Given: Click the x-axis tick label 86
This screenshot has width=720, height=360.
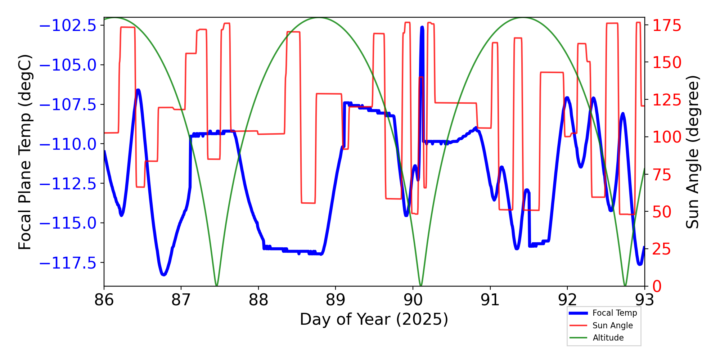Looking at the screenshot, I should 104,300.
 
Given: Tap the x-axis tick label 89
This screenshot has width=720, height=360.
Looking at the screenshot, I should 336,300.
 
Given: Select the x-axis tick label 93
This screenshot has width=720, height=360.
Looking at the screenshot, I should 644,300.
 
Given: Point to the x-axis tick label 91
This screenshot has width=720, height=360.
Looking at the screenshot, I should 490,300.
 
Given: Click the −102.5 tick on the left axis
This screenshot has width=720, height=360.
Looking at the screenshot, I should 68,26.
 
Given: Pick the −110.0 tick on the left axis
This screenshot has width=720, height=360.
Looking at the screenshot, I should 68,144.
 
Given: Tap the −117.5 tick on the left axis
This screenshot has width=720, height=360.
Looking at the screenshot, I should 68,263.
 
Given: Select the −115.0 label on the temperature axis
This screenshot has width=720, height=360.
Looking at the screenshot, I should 68,224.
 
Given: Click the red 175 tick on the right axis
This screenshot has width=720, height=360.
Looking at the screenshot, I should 667,26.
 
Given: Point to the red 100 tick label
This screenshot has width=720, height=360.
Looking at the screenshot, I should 667,137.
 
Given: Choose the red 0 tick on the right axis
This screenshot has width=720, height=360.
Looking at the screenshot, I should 657,287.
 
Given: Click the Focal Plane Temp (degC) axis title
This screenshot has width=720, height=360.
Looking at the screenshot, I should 25,152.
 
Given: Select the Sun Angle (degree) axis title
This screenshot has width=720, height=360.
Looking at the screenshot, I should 692,152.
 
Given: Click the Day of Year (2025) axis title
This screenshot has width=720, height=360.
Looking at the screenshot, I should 374,319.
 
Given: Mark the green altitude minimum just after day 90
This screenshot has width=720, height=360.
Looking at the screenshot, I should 421,285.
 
